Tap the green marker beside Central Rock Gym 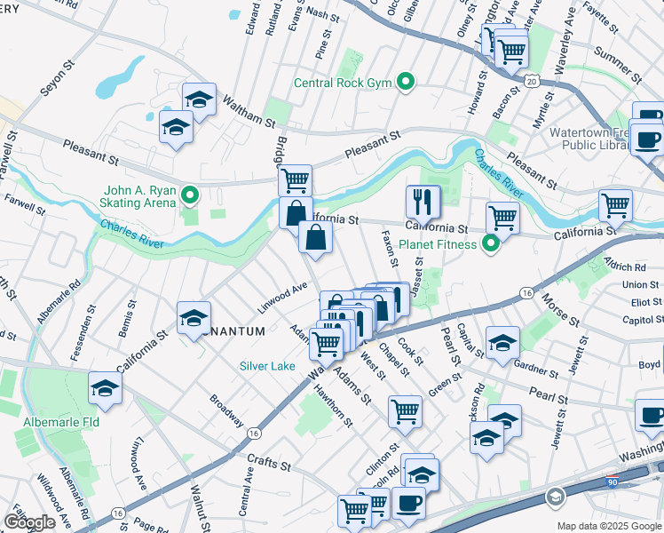coord(406,84)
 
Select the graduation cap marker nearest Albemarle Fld coord(105,387)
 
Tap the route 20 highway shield coord(531,81)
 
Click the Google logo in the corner coord(29,522)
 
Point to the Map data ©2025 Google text coord(608,526)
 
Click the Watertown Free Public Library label coord(589,139)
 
